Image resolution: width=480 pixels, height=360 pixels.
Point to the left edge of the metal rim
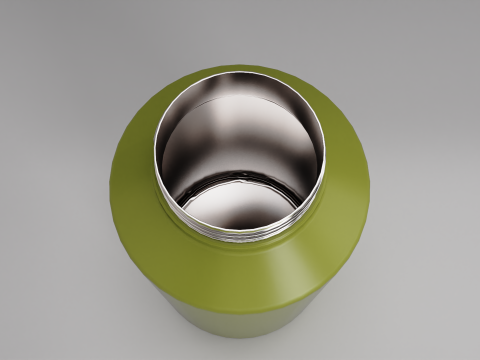(155, 150)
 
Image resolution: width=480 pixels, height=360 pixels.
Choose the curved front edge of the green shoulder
(240, 305)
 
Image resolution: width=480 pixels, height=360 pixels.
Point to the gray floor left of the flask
(50, 250)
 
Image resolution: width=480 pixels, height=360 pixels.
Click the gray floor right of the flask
(430, 250)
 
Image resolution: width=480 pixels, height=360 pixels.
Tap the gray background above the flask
(240, 30)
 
